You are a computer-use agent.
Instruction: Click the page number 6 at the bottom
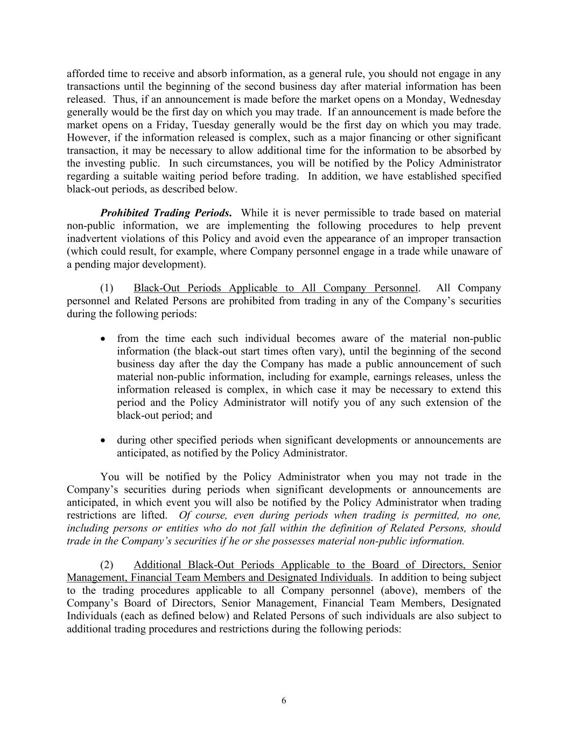point(284,701)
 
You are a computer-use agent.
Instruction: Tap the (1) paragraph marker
point(107,288)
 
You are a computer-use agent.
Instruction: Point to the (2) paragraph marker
point(107,565)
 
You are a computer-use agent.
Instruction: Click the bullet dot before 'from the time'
point(103,339)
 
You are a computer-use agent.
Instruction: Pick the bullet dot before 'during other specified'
point(103,440)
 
